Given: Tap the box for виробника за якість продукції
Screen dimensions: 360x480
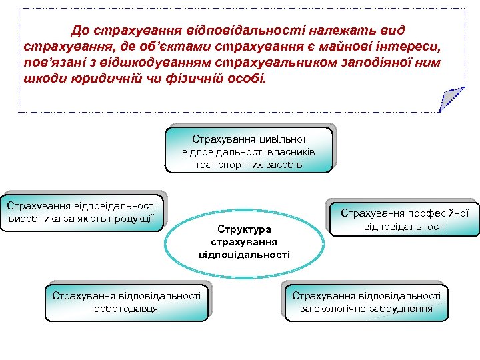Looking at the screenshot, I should pos(82,213).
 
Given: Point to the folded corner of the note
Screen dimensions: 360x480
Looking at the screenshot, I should pos(451,100).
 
